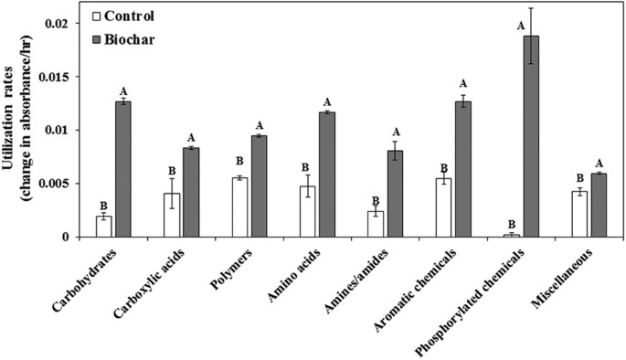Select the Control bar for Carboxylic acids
click(x=172, y=215)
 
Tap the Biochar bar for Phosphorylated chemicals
click(x=531, y=136)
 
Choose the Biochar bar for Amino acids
click(x=326, y=175)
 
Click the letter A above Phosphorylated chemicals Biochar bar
click(x=521, y=26)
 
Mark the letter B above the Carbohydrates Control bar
click(x=103, y=206)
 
